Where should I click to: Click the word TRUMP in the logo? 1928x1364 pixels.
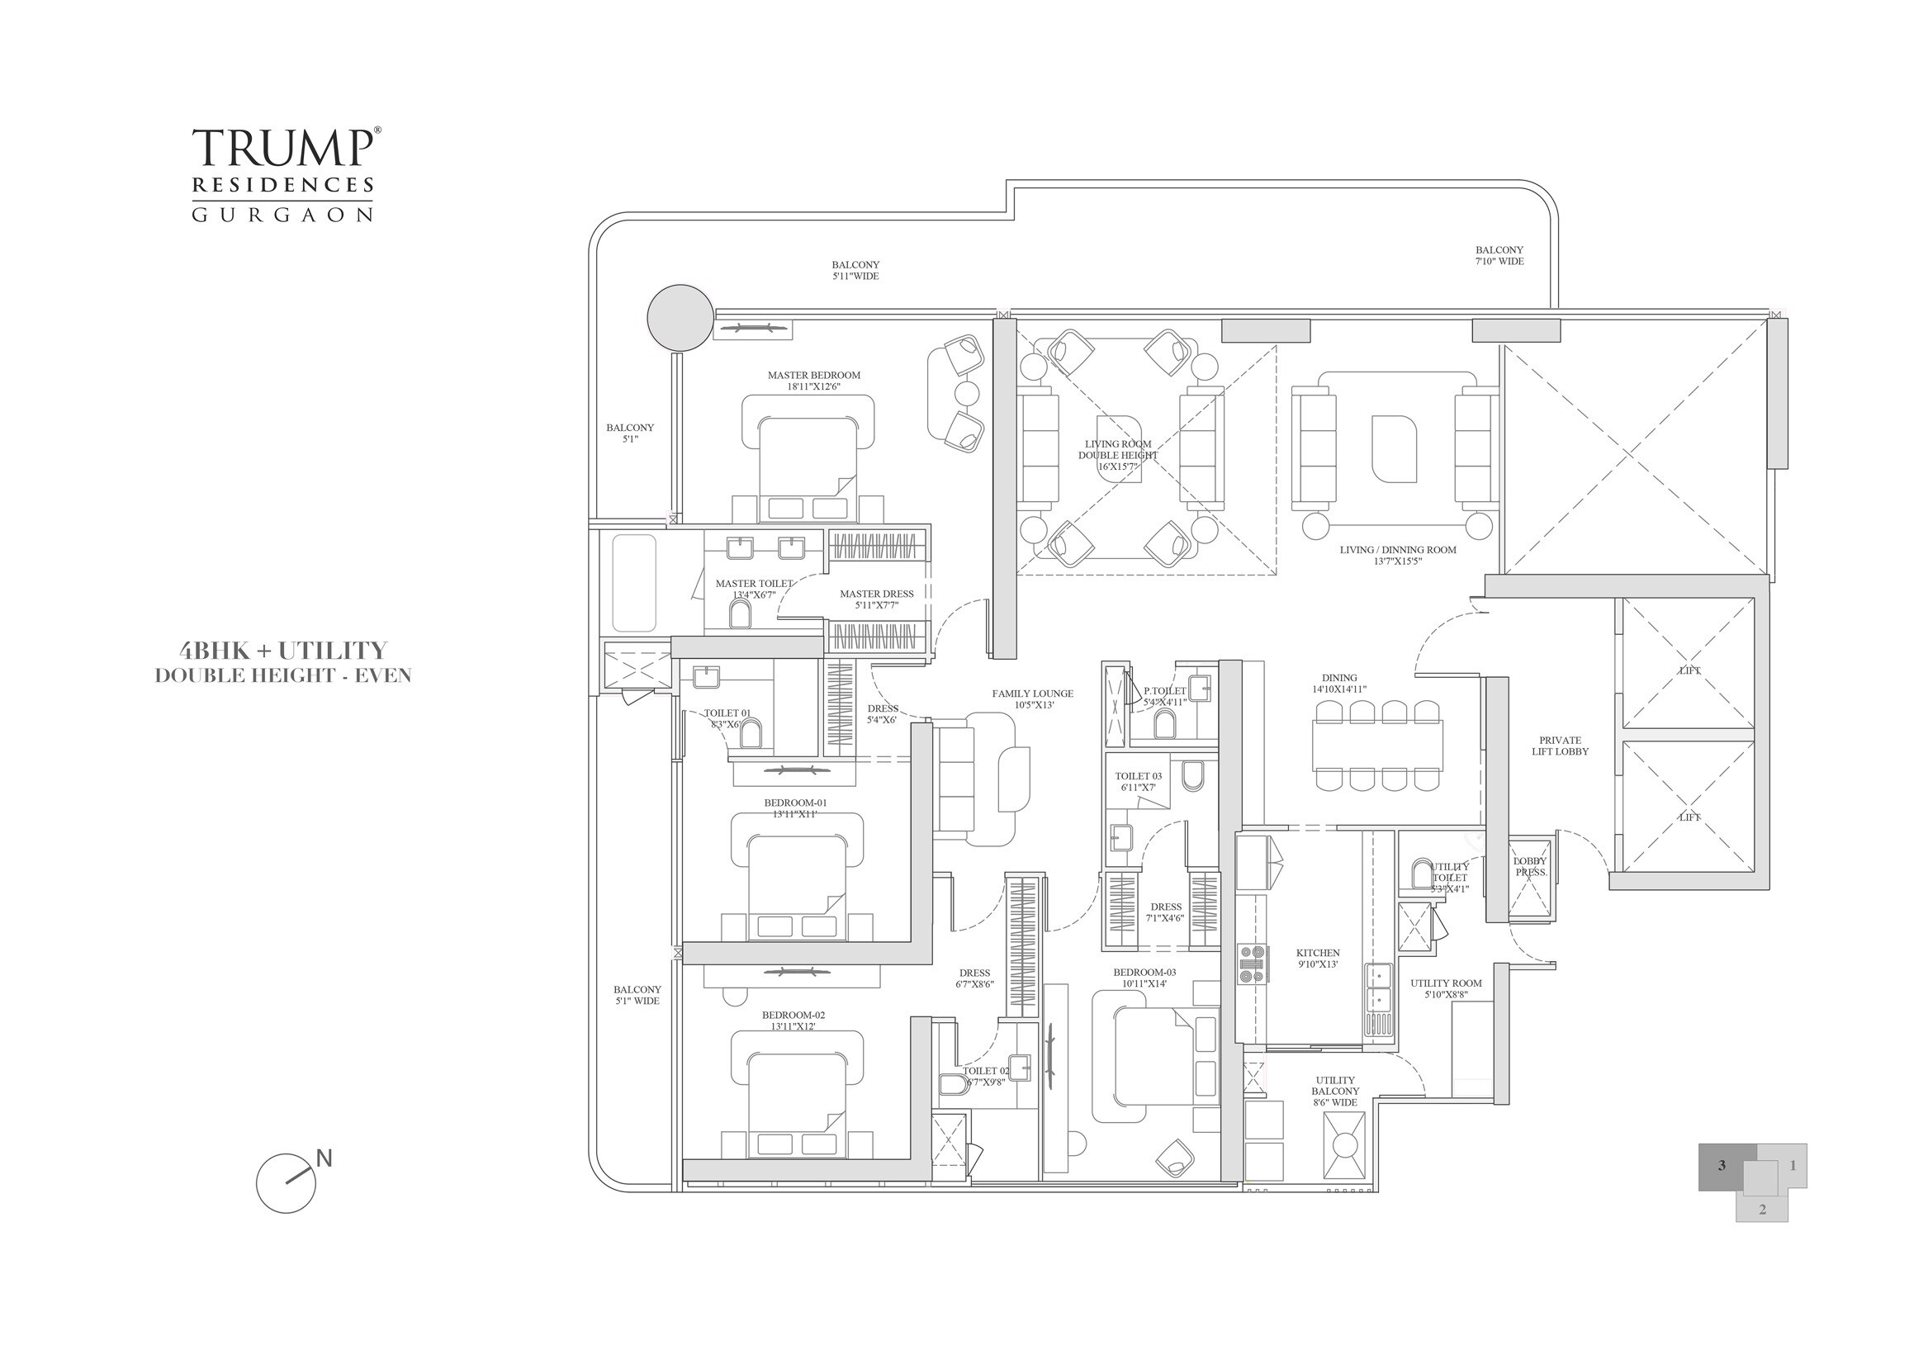pyautogui.click(x=282, y=148)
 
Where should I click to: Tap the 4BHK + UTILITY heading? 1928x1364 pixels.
pyautogui.click(x=283, y=651)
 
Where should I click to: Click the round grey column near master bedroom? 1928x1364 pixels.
pyautogui.click(x=681, y=318)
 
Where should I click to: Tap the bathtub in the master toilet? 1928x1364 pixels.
pyautogui.click(x=634, y=582)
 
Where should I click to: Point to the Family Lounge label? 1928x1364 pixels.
pyautogui.click(x=1032, y=699)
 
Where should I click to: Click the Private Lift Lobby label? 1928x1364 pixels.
pyautogui.click(x=1560, y=746)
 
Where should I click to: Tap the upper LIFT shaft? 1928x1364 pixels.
pyautogui.click(x=1689, y=665)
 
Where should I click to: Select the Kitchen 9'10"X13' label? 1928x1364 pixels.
pyautogui.click(x=1318, y=959)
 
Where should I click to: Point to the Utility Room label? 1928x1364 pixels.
pyautogui.click(x=1446, y=987)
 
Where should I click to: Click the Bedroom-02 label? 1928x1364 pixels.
pyautogui.click(x=793, y=1021)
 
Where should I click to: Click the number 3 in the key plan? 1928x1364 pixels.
pyautogui.click(x=1722, y=1165)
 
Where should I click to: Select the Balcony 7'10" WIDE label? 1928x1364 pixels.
pyautogui.click(x=1499, y=255)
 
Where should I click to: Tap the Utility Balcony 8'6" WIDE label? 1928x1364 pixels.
pyautogui.click(x=1335, y=1091)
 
